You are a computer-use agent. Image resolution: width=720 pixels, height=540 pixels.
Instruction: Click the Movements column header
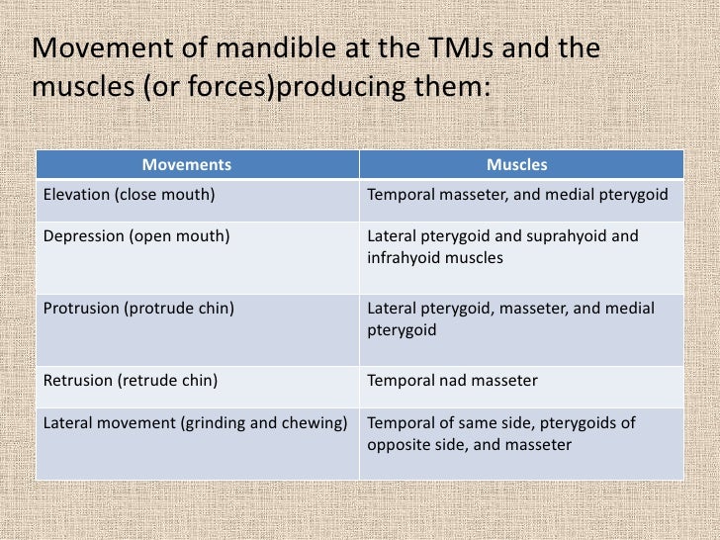click(x=187, y=164)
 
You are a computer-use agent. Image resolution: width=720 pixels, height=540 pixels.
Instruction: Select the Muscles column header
click(x=516, y=164)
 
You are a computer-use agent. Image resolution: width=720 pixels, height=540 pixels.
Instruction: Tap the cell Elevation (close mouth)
click(x=130, y=195)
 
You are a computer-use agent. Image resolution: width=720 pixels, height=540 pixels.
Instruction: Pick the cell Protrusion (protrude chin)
click(x=139, y=309)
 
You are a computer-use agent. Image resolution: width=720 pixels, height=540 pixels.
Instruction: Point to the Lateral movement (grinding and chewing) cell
click(x=196, y=423)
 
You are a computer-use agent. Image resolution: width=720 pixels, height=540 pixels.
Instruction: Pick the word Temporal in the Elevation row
click(x=399, y=195)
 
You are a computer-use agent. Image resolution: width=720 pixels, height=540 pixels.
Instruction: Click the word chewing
click(x=315, y=423)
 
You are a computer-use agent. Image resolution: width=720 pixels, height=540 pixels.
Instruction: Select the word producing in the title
click(x=345, y=87)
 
